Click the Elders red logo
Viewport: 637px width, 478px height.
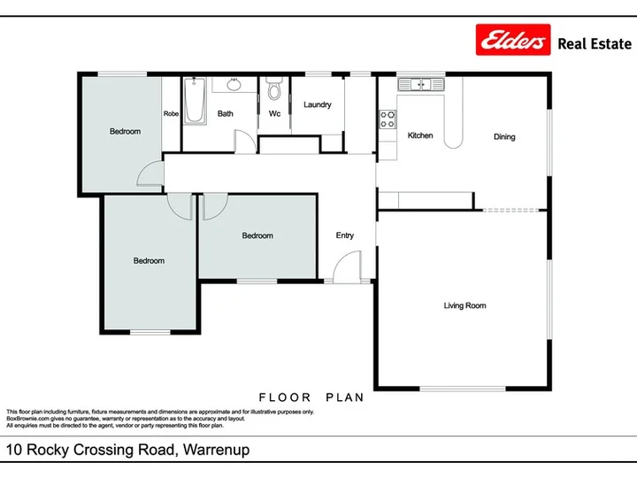(x=513, y=40)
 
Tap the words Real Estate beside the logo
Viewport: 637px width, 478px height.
(x=595, y=44)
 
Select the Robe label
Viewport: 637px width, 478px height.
(x=171, y=113)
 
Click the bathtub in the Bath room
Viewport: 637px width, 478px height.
(x=195, y=101)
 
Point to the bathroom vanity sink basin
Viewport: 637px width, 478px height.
(x=234, y=85)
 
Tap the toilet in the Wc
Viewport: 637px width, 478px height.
(x=274, y=89)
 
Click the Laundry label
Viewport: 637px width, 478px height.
(x=318, y=104)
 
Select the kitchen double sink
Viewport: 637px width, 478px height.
(x=421, y=85)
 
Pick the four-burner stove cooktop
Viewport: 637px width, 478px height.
(x=388, y=119)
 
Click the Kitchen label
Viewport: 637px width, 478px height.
(x=420, y=135)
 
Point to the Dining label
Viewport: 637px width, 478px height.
(x=504, y=136)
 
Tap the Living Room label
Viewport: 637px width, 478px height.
(x=464, y=305)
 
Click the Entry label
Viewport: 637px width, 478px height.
(x=344, y=235)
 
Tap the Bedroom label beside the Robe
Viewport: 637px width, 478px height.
(x=125, y=131)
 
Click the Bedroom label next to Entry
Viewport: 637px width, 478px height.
(x=257, y=235)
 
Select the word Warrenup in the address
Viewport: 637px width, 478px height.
(x=216, y=450)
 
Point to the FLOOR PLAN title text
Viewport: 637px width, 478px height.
(x=311, y=397)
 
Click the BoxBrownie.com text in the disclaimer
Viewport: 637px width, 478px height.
(x=27, y=419)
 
